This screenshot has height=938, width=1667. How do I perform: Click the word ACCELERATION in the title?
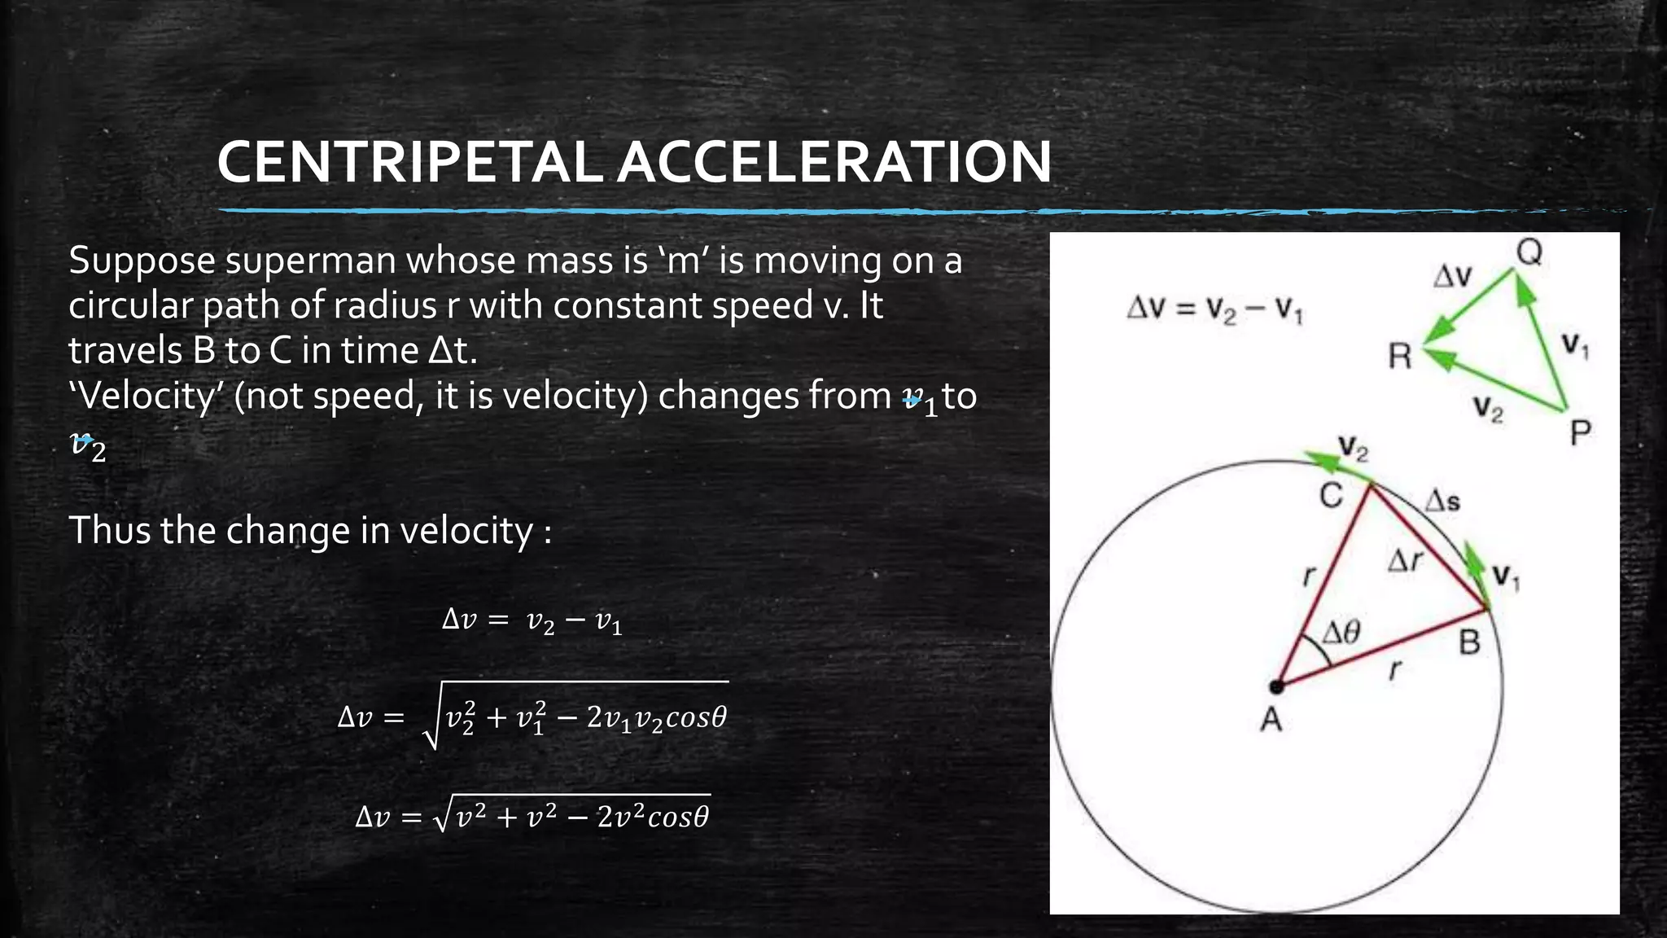833,162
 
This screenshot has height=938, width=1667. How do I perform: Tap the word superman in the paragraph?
312,261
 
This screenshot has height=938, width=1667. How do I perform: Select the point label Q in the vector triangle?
1529,252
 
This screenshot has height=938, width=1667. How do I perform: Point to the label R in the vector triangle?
1399,357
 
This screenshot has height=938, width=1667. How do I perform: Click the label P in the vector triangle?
1580,432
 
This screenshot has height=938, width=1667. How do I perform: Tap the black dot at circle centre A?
1276,687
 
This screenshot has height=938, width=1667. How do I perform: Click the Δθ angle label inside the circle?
1340,632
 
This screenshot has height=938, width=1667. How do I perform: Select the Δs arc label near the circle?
1442,501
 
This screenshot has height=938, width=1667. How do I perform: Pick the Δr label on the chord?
1405,560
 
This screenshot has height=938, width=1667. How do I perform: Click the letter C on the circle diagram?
1331,495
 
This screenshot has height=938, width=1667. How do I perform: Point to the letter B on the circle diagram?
1469,643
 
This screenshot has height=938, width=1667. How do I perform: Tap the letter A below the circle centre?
1271,720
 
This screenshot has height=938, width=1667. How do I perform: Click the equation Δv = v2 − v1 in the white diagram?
1214,309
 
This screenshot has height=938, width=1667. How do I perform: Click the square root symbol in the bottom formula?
442,817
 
